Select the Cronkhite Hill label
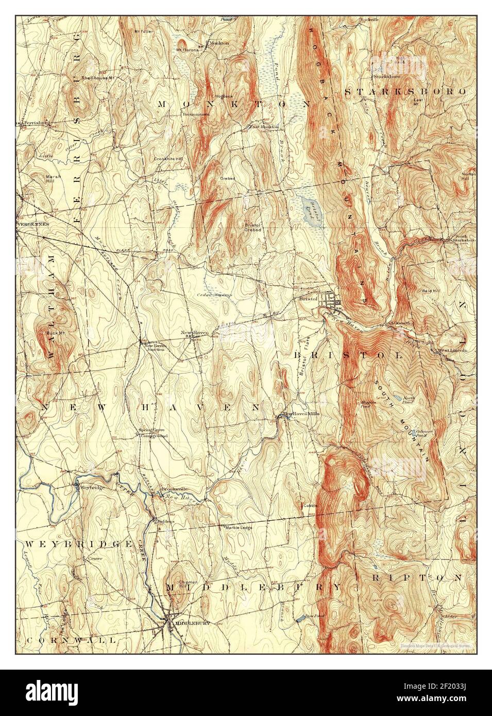tap(165, 159)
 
